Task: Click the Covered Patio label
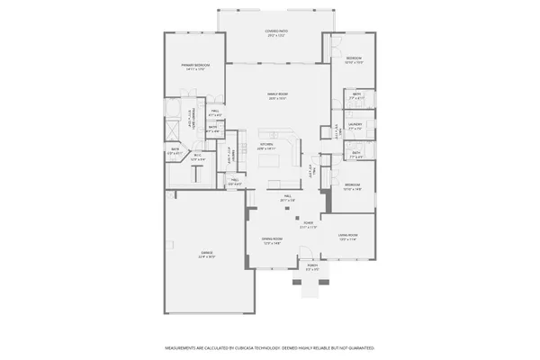tap(275, 34)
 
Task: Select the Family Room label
tap(275, 95)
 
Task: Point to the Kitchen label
tap(266, 146)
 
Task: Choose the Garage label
tap(206, 256)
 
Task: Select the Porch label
tap(312, 267)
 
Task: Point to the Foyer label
tap(308, 223)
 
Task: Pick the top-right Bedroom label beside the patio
tap(354, 60)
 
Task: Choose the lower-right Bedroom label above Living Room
tap(352, 187)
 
